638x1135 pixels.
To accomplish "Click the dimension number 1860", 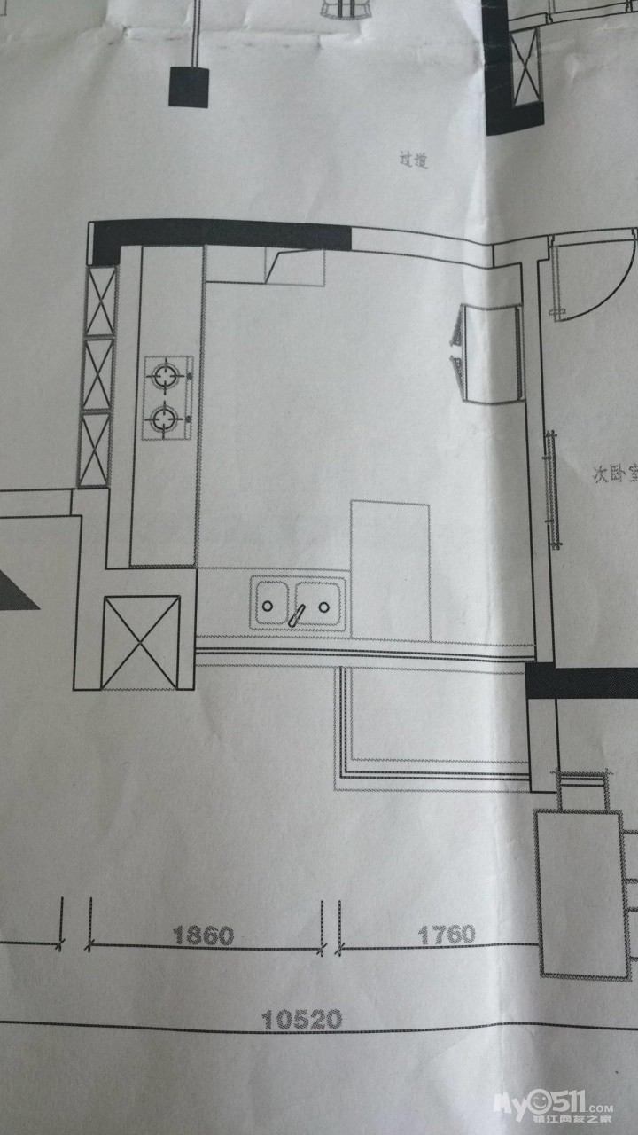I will pos(203,935).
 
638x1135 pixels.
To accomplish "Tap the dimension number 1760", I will pos(446,934).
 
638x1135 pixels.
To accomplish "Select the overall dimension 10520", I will pos(302,1021).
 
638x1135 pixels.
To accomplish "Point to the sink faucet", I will pos(299,613).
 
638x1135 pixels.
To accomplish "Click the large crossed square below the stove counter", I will pos(141,642).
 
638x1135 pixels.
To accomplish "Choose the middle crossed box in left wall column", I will pos(98,374).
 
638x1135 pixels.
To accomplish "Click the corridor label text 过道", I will pos(414,160).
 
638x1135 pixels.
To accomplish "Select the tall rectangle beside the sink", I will pos(390,567).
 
